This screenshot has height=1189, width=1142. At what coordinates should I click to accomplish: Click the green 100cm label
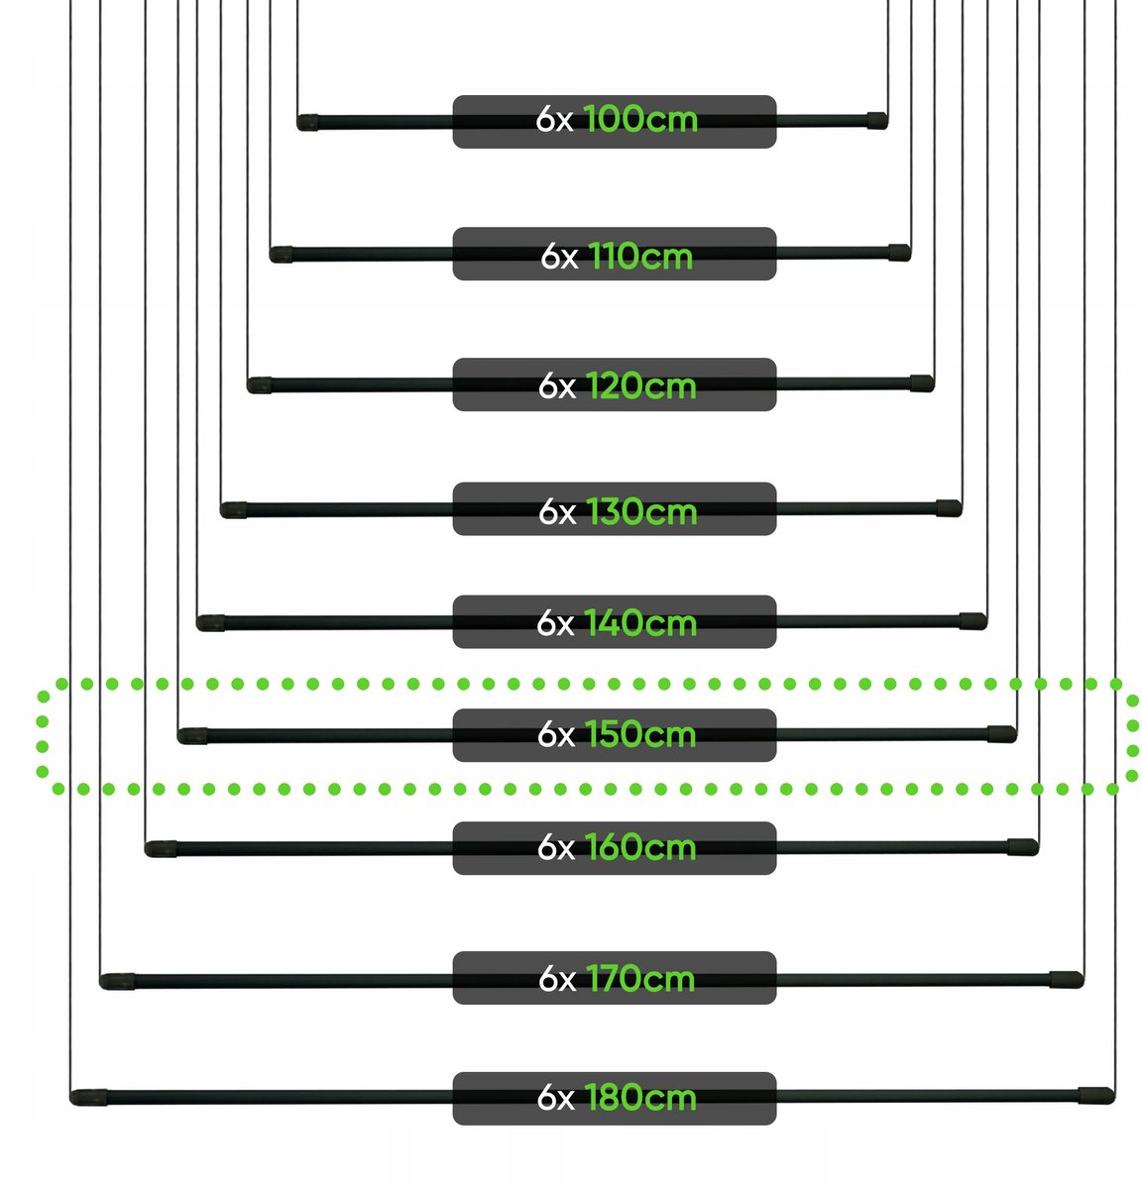pos(640,119)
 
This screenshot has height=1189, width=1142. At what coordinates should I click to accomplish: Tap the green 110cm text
pos(640,256)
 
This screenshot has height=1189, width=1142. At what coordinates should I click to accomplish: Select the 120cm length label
pos(640,386)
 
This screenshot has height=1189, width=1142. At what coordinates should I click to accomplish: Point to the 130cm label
pos(641,511)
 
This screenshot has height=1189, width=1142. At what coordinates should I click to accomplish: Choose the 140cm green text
pos(640,623)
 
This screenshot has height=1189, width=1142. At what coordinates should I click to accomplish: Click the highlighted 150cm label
pos(640,734)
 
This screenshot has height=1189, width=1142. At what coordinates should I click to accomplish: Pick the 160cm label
pos(640,847)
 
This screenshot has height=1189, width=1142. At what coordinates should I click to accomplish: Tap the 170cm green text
pos(640,979)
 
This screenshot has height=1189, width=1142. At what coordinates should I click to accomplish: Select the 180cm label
pos(640,1098)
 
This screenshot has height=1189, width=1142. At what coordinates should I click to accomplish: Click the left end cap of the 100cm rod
pos(307,122)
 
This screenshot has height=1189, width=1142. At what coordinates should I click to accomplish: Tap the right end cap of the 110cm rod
pos(899,253)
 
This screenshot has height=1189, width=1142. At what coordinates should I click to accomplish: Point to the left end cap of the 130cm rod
pos(234,510)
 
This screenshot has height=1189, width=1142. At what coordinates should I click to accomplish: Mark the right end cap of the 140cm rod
pos(973,621)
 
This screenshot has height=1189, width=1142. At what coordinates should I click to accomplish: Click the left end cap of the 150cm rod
pos(192,735)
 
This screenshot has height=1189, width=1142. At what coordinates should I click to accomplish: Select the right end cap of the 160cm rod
pos(1023,847)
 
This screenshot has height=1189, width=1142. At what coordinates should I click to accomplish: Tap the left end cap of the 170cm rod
pos(117,981)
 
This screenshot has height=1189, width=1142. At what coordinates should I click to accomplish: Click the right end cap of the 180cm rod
pos(1096,1096)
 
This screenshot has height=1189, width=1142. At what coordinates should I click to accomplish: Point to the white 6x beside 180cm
pos(556,1098)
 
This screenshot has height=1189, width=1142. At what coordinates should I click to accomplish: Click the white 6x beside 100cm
pos(554,120)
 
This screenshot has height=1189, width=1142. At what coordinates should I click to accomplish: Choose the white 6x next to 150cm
pos(556,734)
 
